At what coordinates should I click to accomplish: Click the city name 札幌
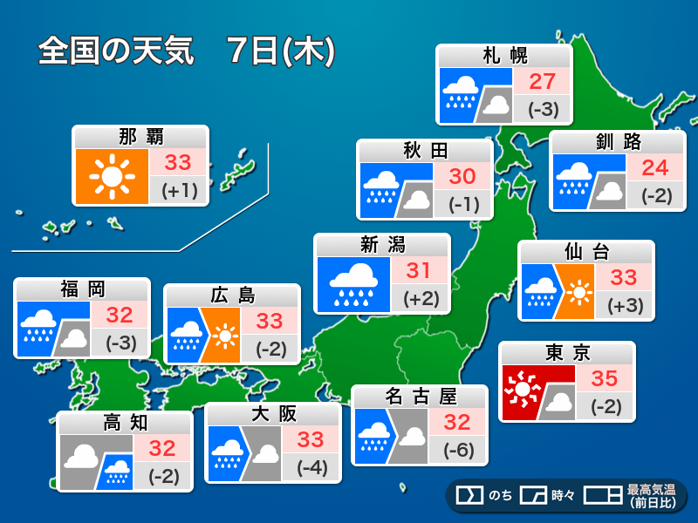pos(505,57)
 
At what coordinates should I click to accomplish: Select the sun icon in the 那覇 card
pos(111,176)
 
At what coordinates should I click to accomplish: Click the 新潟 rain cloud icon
pos(352,283)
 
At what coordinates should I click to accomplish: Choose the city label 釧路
pos(617,142)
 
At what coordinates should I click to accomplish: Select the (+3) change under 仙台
pos(623,305)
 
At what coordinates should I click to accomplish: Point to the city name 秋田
pos(425,151)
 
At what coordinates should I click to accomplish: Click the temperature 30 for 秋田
pos(462,176)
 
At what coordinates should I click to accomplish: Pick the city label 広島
pos(232,295)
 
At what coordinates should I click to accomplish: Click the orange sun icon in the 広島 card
pos(226,335)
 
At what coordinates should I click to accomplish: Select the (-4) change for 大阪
pos(311,467)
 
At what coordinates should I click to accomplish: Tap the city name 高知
pos(126,423)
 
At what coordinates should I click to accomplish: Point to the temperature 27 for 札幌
pos(542,82)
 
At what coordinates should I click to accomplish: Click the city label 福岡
pos(83,289)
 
